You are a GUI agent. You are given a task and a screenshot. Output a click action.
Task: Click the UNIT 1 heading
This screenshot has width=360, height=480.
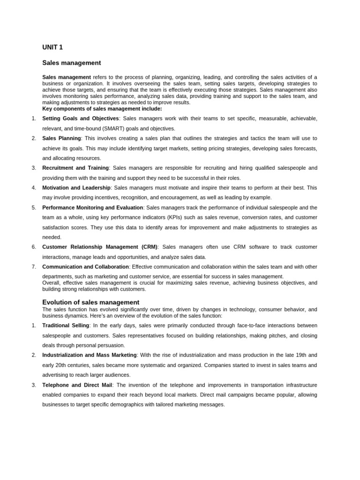pos(52,47)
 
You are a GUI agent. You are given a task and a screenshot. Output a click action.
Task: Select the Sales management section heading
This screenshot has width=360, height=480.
pos(71,62)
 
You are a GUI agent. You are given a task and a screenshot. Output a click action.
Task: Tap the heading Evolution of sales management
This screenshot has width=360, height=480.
pos(90,302)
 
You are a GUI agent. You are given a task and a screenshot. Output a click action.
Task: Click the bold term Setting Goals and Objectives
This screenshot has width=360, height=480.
pos(81,119)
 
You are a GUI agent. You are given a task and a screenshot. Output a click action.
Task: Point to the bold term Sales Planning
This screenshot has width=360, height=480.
pos(61,138)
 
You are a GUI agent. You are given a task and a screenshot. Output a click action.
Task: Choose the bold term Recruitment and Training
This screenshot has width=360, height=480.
pos(75,168)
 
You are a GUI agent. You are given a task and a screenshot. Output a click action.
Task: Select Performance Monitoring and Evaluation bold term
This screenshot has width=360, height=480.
pos(92,207)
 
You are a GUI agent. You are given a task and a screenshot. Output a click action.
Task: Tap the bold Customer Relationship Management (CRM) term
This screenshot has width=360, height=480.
pos(100,247)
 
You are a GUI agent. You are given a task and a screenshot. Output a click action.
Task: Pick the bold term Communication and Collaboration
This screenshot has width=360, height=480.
pos(85,267)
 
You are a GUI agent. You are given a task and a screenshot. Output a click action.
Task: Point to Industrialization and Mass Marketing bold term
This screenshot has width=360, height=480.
pos(89,355)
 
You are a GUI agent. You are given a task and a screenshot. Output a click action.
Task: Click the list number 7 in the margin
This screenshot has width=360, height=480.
pos(34,267)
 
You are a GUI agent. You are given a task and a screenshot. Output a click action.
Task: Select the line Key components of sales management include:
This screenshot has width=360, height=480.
pos(102,108)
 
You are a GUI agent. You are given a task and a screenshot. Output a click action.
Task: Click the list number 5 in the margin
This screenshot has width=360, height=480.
pos(34,207)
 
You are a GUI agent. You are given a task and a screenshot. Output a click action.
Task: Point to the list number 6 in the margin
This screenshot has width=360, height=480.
pos(34,247)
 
